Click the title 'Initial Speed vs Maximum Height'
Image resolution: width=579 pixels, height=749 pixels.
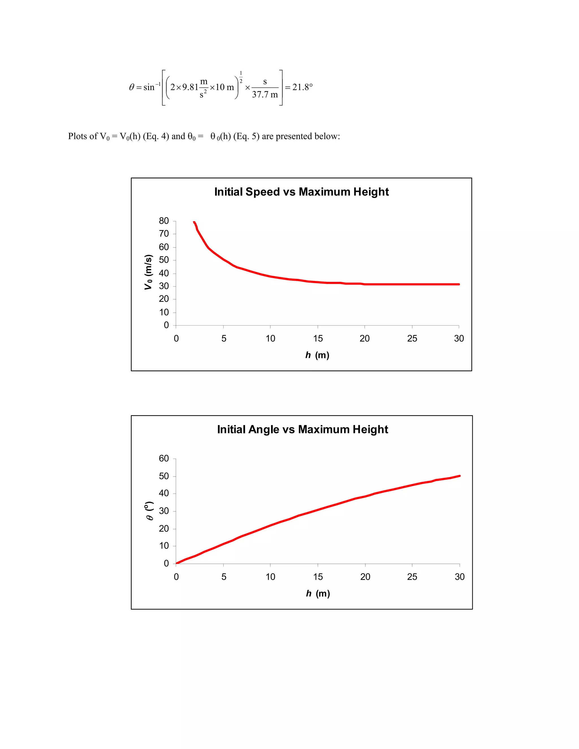[x=301, y=192]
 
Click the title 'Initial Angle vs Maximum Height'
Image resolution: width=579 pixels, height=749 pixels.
[x=303, y=429]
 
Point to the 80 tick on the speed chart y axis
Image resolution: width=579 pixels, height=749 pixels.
[x=164, y=221]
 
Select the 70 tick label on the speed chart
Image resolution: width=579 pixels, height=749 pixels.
[x=164, y=234]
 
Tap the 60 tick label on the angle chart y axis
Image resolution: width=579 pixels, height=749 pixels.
[x=164, y=458]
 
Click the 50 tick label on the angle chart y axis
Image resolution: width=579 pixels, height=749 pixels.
[x=164, y=476]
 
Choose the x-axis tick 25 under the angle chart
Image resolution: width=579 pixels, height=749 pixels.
[x=412, y=577]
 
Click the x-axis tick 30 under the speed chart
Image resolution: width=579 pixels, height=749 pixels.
[x=459, y=339]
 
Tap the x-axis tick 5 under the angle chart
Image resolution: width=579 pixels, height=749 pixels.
[x=224, y=577]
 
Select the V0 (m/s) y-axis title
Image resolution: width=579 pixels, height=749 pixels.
[x=148, y=272]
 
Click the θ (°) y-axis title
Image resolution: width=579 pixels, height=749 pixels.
[x=149, y=511]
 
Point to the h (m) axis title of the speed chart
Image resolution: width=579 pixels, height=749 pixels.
[x=317, y=355]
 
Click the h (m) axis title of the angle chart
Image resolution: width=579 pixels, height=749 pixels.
[x=318, y=593]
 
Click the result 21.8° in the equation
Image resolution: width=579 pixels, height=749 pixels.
[x=302, y=87]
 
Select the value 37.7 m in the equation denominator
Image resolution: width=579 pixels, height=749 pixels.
[x=265, y=95]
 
